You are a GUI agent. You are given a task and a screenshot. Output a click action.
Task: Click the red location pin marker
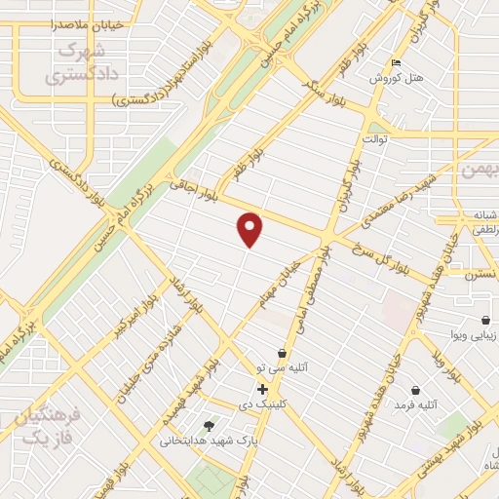click(x=250, y=228)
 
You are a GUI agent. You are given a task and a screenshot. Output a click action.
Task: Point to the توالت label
click(x=376, y=138)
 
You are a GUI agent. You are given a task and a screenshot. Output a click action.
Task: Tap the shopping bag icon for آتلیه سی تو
click(x=283, y=353)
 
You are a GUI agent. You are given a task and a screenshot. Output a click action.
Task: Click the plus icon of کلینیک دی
click(x=261, y=389)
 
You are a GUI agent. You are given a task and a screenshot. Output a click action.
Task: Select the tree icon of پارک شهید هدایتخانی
click(x=209, y=426)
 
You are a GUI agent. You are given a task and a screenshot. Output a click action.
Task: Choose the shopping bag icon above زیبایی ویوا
click(x=485, y=320)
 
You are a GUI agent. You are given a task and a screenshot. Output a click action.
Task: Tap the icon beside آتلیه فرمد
click(x=416, y=389)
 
